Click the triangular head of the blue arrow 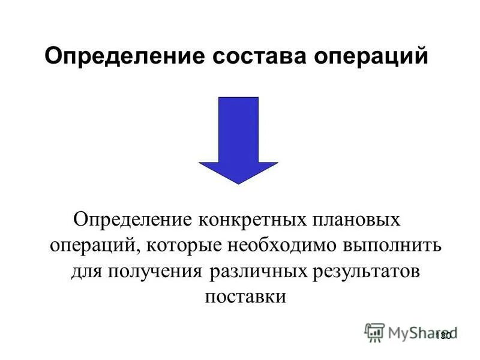coord(238,172)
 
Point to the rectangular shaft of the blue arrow coord(238,129)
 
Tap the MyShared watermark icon coord(375,332)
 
